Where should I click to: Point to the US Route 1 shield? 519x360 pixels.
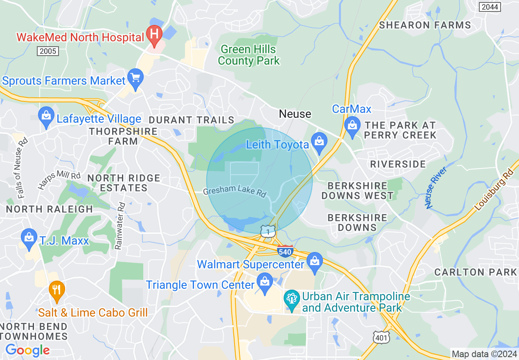268,231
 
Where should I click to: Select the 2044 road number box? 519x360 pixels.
490,7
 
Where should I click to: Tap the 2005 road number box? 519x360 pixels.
48,51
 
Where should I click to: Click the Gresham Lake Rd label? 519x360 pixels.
235,192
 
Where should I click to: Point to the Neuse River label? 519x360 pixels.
436,187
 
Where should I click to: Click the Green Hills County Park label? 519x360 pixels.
248,55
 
